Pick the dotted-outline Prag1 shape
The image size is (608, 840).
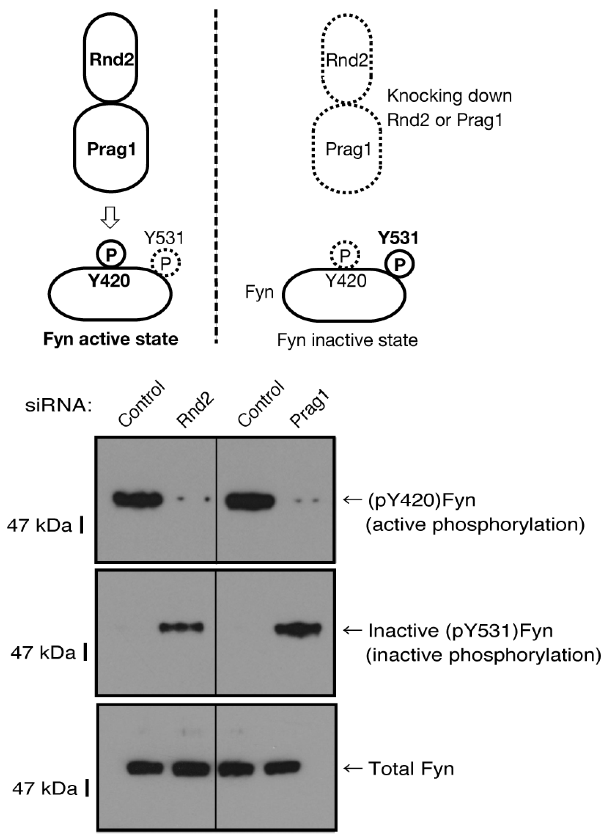[x=347, y=150]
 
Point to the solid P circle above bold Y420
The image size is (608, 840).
[x=111, y=254]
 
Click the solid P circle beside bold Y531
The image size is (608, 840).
[x=399, y=264]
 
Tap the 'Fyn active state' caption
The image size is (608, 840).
[x=111, y=339]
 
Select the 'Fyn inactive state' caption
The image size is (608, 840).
[x=347, y=340]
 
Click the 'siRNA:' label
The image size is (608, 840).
[x=59, y=406]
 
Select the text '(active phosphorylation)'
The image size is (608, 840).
[x=475, y=524]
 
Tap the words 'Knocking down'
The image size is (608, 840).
[x=449, y=96]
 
